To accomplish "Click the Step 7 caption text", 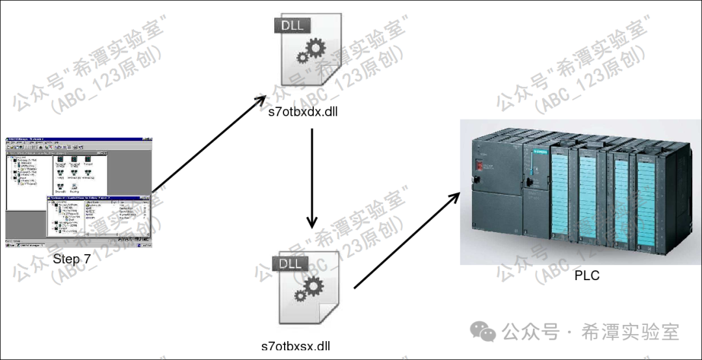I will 76,259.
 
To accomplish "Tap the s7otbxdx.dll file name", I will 303,111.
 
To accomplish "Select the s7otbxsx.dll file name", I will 295,346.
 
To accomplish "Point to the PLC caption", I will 586,276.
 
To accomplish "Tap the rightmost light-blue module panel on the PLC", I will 647,201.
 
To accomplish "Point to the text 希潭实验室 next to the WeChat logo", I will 630,332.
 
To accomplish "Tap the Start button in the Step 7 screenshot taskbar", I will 11,246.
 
